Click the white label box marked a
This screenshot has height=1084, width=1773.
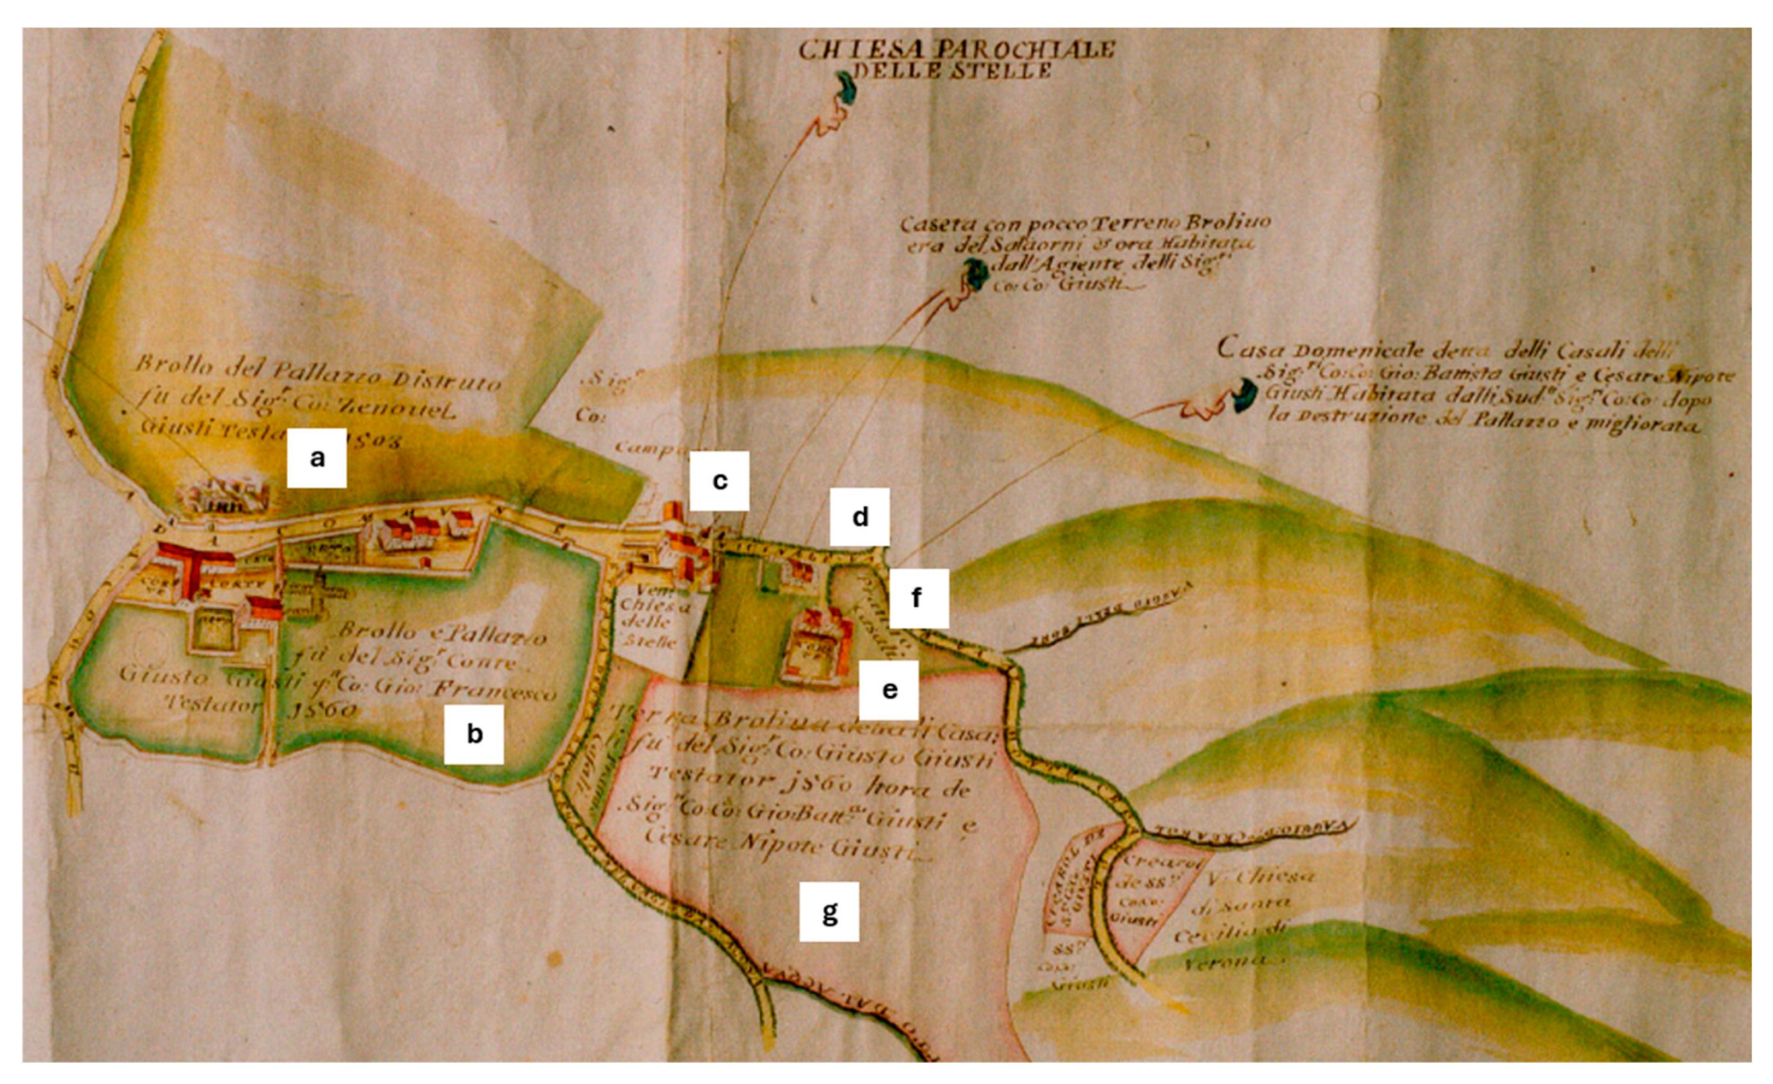tap(316, 458)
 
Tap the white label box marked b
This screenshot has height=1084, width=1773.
tap(473, 734)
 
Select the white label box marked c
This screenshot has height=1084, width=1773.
tap(720, 481)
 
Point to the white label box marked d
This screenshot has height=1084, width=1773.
tap(860, 517)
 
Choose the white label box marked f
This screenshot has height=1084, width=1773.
tap(918, 597)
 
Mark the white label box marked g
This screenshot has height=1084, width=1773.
tap(829, 912)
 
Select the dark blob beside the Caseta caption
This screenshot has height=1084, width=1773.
tap(975, 274)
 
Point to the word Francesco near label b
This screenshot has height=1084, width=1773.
tap(497, 691)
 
